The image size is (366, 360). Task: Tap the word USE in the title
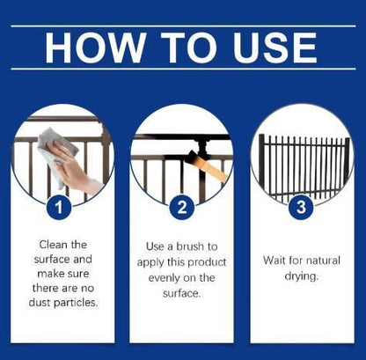(x=275, y=48)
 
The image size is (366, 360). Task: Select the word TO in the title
(x=189, y=48)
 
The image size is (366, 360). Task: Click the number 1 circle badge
(x=59, y=208)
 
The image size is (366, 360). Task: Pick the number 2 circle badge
(x=182, y=208)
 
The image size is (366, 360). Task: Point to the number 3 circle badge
(x=301, y=207)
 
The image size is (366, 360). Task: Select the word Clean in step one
(x=53, y=245)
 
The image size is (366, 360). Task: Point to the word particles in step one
(x=76, y=303)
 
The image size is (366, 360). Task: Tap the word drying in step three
(x=301, y=276)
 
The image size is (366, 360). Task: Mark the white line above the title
(x=183, y=26)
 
